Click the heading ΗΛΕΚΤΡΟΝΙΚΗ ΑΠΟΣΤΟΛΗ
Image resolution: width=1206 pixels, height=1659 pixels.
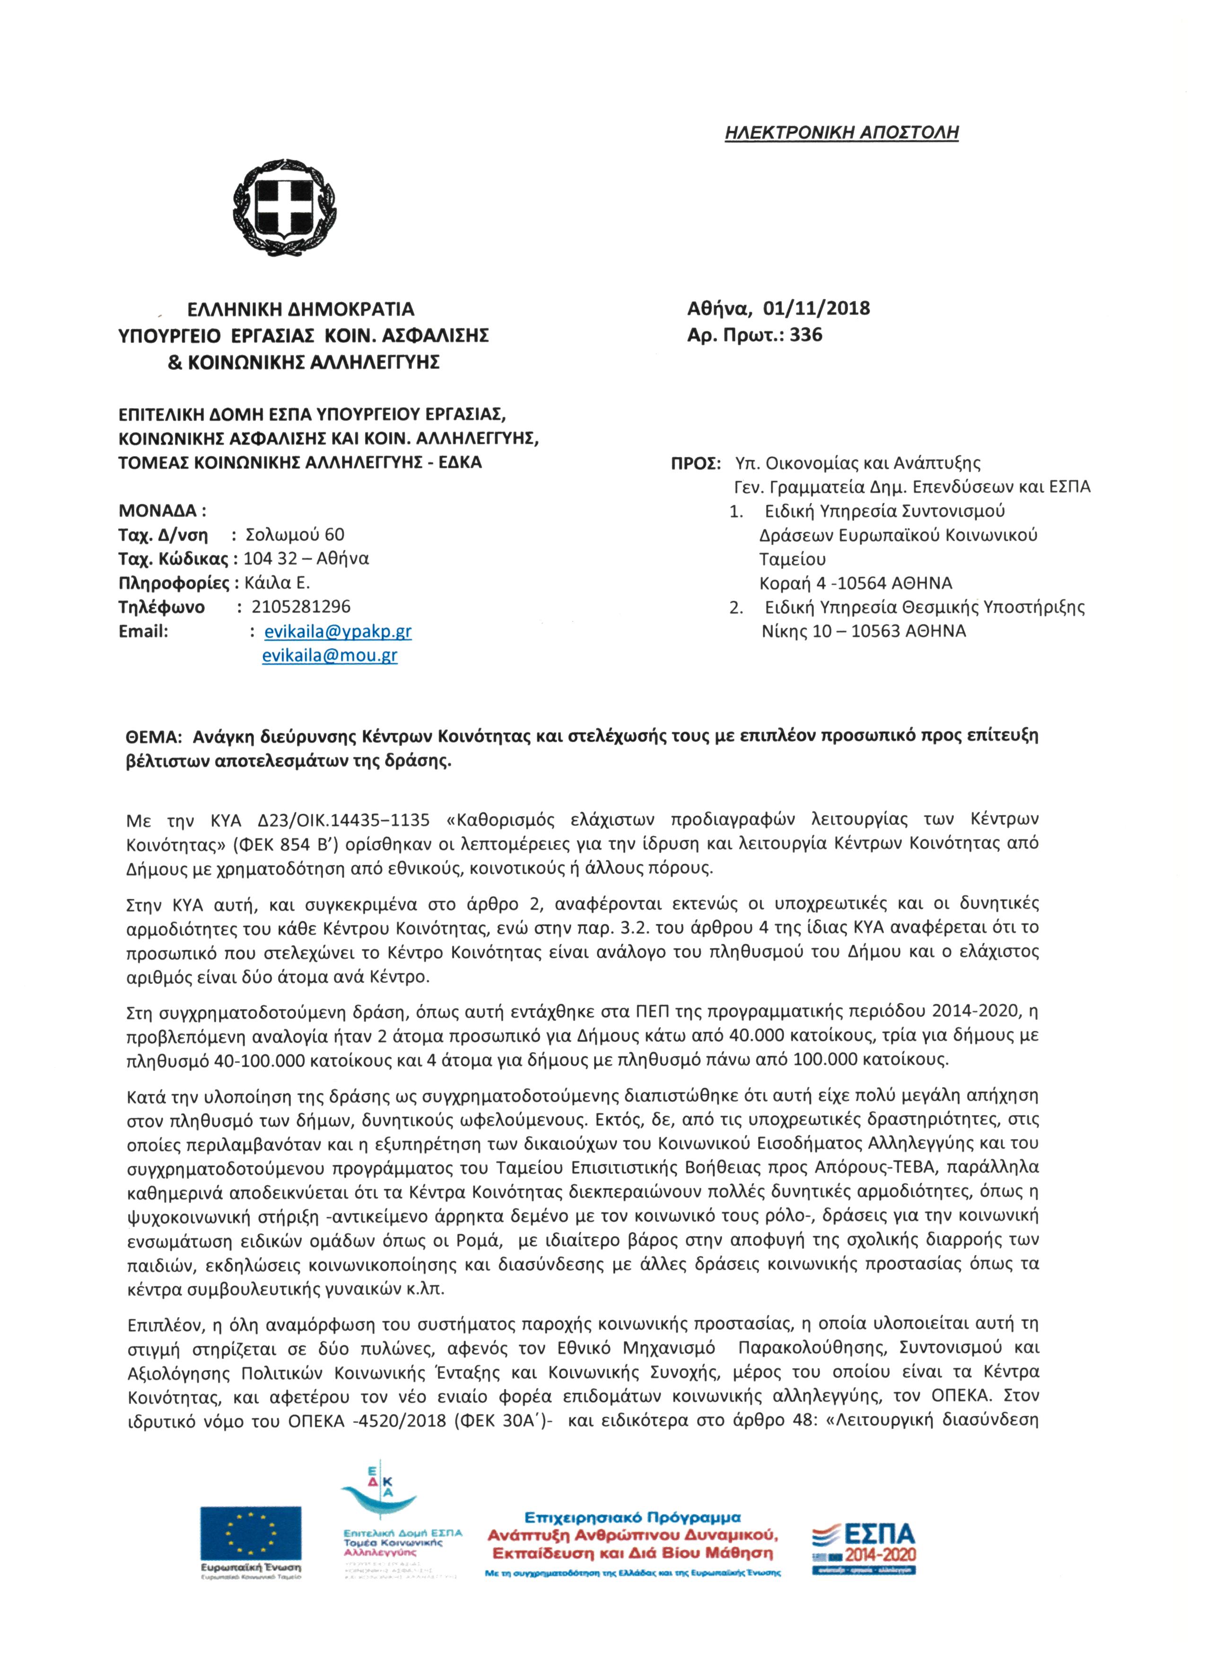coord(841,132)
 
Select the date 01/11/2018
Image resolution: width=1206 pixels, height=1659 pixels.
coord(816,308)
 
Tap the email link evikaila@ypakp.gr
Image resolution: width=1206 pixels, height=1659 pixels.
coord(338,631)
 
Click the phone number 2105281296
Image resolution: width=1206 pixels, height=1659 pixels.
coord(301,606)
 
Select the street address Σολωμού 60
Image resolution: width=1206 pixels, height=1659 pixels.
coord(294,535)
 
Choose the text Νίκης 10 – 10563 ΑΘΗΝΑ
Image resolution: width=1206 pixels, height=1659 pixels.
coord(863,631)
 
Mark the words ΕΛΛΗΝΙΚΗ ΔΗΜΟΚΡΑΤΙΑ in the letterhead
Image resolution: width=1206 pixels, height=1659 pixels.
coord(301,309)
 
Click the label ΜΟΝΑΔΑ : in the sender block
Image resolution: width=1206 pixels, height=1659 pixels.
coord(162,510)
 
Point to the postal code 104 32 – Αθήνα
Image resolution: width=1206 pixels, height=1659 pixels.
coord(306,559)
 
